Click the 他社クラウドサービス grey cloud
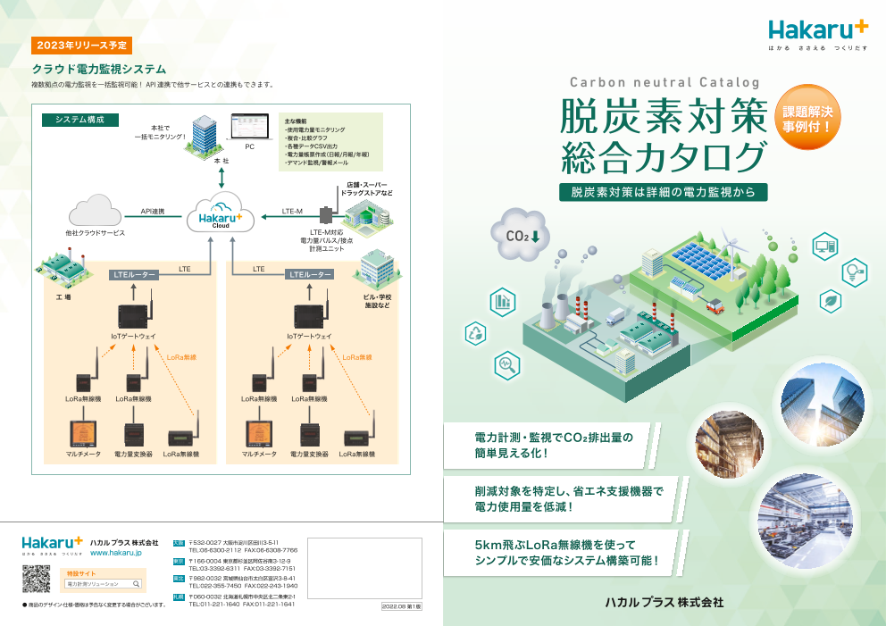click(x=96, y=213)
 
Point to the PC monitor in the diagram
click(x=250, y=126)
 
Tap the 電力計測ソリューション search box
click(x=104, y=584)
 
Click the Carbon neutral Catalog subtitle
click(x=664, y=82)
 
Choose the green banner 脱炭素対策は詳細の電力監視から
click(x=663, y=192)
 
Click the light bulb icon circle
click(x=855, y=271)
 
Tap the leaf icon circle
click(x=831, y=301)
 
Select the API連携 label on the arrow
click(x=153, y=212)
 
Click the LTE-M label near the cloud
click(x=292, y=212)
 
